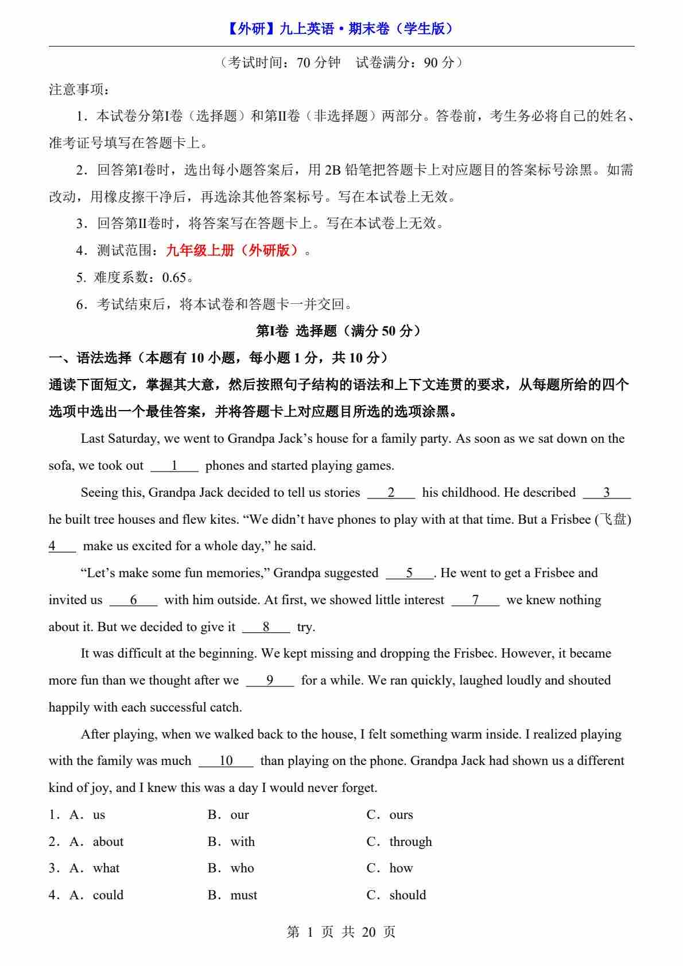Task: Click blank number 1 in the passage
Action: [174, 466]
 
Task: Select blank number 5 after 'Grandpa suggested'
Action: [409, 573]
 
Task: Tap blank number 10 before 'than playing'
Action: [226, 761]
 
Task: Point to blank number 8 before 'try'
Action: [266, 627]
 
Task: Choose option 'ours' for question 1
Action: [401, 815]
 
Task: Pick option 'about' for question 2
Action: [108, 842]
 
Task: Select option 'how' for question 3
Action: [401, 868]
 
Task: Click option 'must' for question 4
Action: [243, 895]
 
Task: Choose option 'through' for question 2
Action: [410, 842]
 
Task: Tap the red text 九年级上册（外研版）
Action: [232, 250]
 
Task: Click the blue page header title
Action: [341, 29]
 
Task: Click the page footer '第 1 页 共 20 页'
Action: [341, 932]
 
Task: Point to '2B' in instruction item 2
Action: [332, 170]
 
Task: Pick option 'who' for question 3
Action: [242, 868]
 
